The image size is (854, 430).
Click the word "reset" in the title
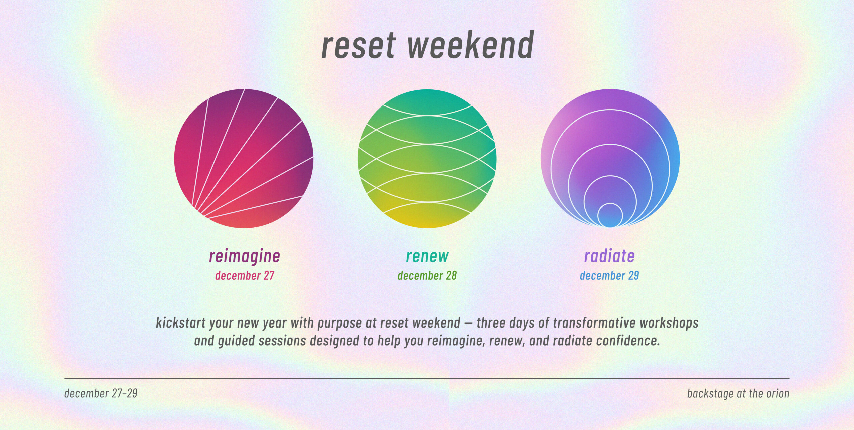(358, 46)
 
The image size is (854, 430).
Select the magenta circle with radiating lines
(244, 159)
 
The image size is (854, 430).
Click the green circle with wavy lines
(427, 159)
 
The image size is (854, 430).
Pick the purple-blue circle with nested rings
(610, 159)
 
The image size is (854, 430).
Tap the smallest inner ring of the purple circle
(610, 215)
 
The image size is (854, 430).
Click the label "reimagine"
(244, 256)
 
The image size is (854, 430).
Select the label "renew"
(427, 256)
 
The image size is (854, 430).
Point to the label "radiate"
(609, 256)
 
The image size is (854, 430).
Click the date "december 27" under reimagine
(244, 276)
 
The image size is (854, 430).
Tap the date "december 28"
(427, 276)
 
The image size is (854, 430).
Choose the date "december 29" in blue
(609, 276)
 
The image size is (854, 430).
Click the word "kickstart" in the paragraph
(181, 323)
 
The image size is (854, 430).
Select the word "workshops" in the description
(669, 323)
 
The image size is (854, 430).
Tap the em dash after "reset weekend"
(468, 323)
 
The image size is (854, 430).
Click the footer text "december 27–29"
(101, 393)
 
